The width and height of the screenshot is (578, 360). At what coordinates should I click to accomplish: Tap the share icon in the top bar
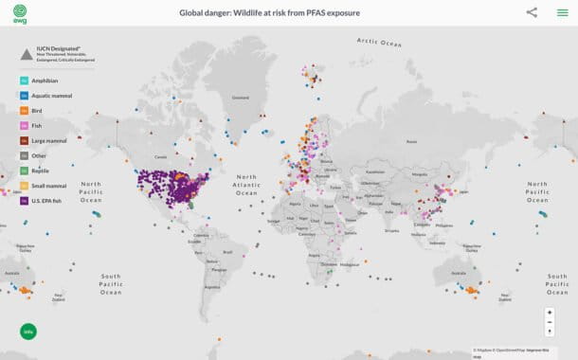532,12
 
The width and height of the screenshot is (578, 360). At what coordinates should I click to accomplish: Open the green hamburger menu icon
562,12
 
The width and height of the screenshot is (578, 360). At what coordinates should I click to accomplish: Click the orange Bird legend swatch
24,111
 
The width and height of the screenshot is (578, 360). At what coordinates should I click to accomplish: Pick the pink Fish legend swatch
24,126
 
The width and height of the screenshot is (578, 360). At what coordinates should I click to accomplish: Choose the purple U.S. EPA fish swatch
24,201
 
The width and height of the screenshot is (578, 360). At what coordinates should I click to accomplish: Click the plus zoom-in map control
550,312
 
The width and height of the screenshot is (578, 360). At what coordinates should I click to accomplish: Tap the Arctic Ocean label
379,43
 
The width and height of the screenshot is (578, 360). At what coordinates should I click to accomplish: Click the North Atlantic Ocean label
246,185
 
